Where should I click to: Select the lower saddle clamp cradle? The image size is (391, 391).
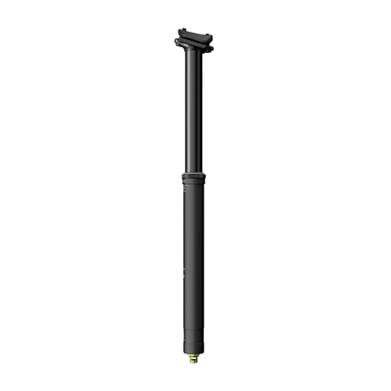[x=193, y=45]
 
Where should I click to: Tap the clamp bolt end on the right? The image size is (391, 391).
[x=210, y=48]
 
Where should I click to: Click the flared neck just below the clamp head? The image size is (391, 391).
[x=193, y=55]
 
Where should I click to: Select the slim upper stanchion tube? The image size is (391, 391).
[x=193, y=114]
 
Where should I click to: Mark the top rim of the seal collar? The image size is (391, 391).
[x=193, y=174]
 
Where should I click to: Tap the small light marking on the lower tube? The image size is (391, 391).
[x=186, y=272]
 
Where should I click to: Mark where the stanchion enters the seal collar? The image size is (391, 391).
[x=193, y=172]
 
